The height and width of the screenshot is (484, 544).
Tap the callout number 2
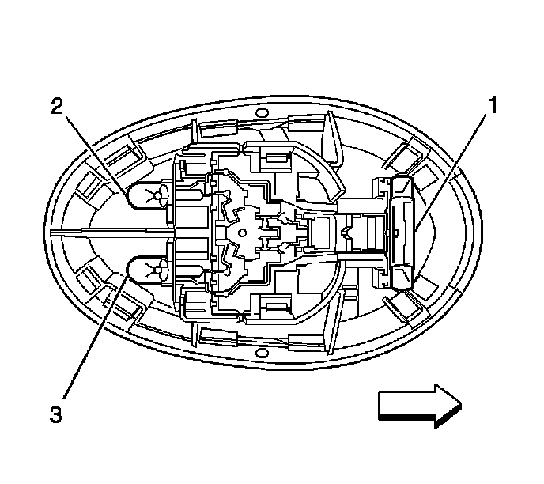click(56, 108)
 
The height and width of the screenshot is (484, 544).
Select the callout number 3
click(55, 412)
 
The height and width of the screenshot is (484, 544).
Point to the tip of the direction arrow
click(461, 405)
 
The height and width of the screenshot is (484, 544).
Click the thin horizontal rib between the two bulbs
click(111, 233)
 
